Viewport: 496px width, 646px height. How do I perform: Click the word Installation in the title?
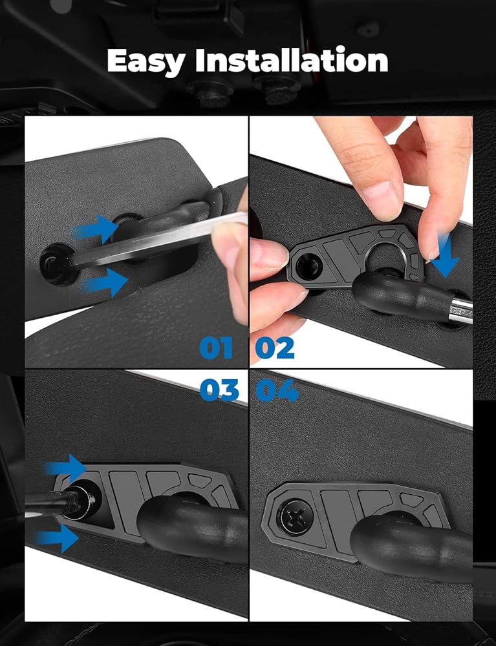(x=292, y=59)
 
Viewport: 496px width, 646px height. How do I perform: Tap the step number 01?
(x=216, y=348)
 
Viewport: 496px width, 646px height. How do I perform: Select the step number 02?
(x=275, y=348)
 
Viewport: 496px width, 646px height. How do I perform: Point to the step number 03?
(x=219, y=390)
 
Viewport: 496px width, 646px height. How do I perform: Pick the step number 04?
(x=277, y=390)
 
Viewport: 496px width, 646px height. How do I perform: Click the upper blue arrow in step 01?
(x=97, y=229)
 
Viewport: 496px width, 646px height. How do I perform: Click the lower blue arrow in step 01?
(x=105, y=282)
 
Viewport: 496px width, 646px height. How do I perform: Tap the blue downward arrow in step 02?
(x=445, y=255)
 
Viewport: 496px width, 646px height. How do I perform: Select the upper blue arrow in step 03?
(x=66, y=468)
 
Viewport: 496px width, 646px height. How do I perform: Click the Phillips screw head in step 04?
(x=296, y=517)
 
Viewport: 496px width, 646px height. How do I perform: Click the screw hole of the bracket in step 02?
(x=307, y=265)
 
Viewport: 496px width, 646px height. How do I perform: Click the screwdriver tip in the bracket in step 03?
(x=80, y=501)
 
